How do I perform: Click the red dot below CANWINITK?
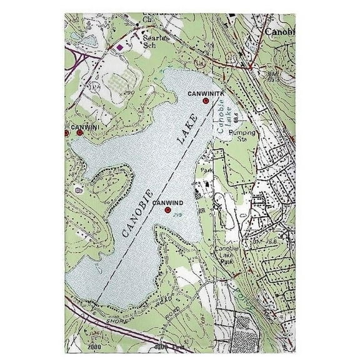pos(205,100)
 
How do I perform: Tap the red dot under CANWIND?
pos(167,210)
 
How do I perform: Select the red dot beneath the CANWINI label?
pos(79,133)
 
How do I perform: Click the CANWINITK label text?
pos(204,92)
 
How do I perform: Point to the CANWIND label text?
pos(167,202)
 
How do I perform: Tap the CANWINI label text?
pos(85,127)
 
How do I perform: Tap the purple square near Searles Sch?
pos(119,47)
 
